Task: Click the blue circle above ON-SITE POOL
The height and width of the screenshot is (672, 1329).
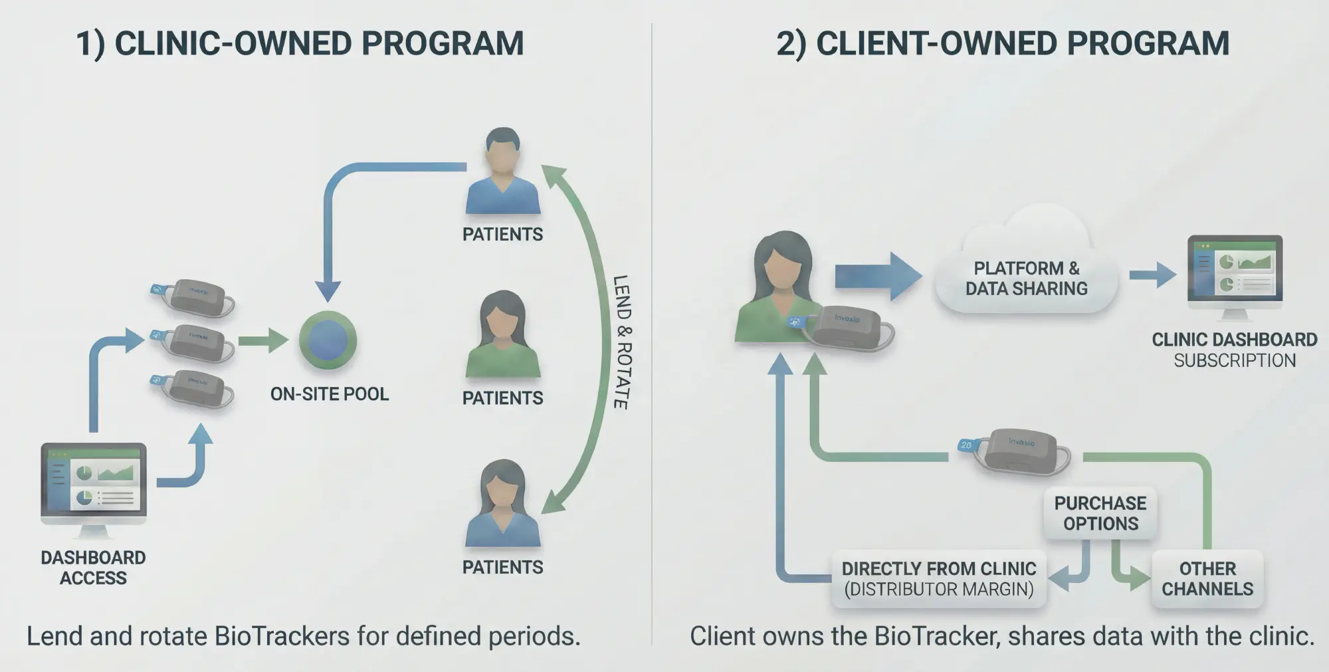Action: (x=328, y=340)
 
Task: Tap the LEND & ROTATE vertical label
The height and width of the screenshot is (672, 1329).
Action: (x=621, y=342)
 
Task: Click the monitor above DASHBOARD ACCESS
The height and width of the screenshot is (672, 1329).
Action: (x=94, y=481)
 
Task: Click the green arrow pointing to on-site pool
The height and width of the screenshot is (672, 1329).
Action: (x=262, y=340)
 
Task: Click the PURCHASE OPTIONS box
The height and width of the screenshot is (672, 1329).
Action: (x=1100, y=513)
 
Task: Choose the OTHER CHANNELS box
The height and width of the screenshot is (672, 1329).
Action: (x=1207, y=578)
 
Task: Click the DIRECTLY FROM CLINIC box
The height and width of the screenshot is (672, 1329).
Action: (x=938, y=578)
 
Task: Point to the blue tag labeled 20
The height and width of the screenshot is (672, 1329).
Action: (x=966, y=445)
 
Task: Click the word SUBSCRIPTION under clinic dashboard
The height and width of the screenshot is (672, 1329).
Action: (x=1234, y=360)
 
